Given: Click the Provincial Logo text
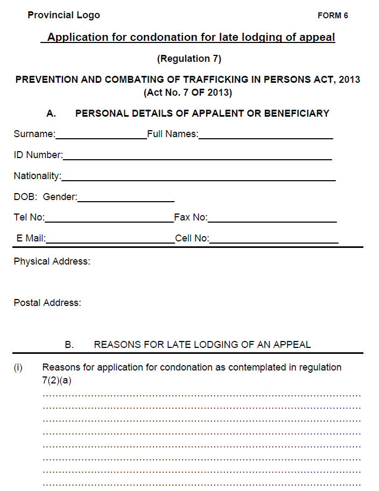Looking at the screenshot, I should [x=64, y=15].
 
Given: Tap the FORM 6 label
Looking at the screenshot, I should [x=333, y=16].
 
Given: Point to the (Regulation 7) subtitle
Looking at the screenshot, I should [x=189, y=59].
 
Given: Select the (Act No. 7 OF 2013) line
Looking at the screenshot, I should [x=188, y=92].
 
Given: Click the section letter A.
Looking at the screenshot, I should [x=51, y=113].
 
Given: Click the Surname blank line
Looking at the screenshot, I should [x=101, y=138].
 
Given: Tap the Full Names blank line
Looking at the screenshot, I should [x=265, y=138].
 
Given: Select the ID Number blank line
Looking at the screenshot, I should [x=197, y=159].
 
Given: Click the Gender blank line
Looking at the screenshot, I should [x=125, y=201].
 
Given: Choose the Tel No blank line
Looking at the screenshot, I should [x=109, y=221].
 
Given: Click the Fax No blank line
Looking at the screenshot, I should [x=272, y=221].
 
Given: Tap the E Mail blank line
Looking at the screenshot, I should [x=110, y=242].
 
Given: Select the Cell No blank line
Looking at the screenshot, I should [x=273, y=242].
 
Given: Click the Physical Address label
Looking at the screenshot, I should [x=52, y=261].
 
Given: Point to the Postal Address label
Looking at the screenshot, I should [x=47, y=303].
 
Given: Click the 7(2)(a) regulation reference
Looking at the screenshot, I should [x=57, y=380].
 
